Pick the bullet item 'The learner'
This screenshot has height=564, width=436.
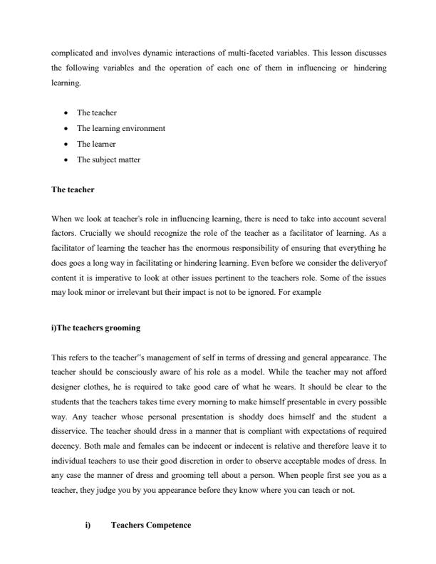(96, 144)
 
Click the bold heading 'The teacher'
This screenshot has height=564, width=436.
(73, 190)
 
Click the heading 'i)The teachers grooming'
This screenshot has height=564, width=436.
(96, 328)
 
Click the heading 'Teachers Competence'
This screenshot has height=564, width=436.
(151, 525)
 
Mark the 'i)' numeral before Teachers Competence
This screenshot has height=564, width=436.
(88, 525)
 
